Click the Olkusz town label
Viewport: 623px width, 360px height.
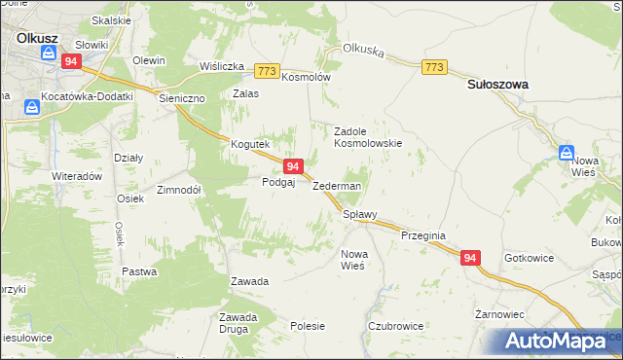coord(38,38)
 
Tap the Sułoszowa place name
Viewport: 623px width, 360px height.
coord(496,85)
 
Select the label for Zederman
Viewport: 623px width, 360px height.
coord(337,186)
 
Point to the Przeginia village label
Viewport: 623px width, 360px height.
coord(422,235)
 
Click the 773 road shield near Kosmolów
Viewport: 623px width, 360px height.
coord(267,71)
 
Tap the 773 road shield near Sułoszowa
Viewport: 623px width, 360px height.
coord(434,66)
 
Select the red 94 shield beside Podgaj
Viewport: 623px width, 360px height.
coord(292,167)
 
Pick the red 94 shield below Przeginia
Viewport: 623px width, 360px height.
coord(470,258)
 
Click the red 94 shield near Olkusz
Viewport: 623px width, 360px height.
coord(70,60)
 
